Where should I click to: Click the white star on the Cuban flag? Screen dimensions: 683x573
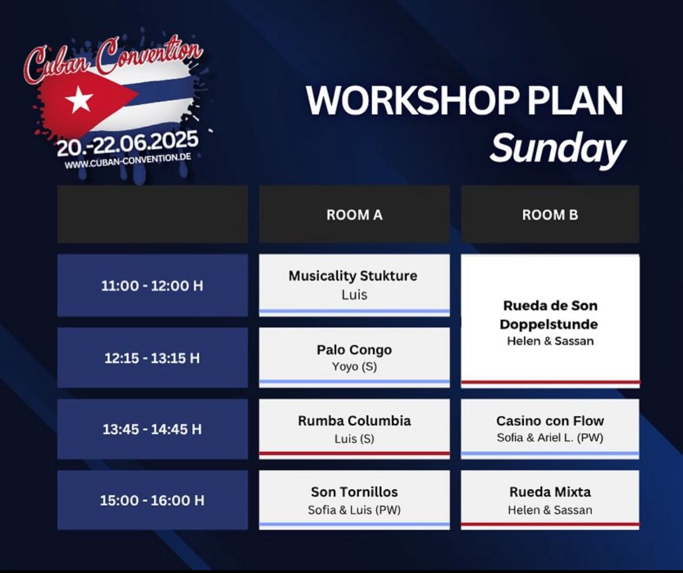coord(79,99)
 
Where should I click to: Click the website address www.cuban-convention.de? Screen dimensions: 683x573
coord(127,160)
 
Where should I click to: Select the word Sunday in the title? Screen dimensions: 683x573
coord(558,149)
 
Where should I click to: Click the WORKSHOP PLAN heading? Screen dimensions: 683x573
coord(465,101)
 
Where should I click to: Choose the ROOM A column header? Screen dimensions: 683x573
coord(355,215)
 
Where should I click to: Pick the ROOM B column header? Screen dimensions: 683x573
coord(550,215)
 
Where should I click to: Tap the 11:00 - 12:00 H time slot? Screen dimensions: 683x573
coord(152,286)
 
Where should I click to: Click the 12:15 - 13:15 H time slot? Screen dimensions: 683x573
coord(152,358)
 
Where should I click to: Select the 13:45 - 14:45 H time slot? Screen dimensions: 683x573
coord(152,429)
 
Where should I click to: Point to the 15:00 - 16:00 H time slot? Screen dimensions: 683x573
coord(152,500)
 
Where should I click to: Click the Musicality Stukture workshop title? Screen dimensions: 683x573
coord(353,276)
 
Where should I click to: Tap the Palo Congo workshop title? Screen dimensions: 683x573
coord(354,350)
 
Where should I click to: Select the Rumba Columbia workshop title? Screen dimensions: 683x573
coord(354,421)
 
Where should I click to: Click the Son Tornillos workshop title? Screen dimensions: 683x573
coord(354,492)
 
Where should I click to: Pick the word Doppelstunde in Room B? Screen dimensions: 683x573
coord(549,324)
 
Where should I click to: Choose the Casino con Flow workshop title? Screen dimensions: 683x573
coord(550,421)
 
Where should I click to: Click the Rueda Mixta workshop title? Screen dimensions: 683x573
coord(550,492)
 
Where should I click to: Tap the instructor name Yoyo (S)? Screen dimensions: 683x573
coord(354,367)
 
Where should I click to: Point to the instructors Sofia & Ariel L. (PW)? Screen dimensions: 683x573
coord(550,437)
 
